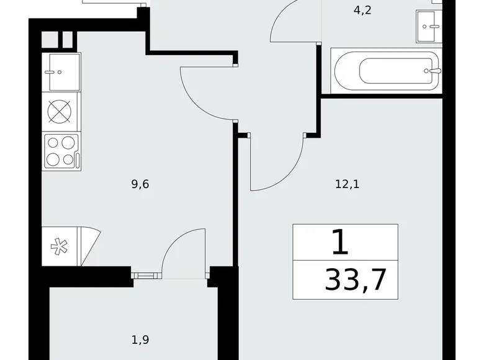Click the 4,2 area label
[x=362, y=11]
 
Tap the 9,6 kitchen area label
[x=140, y=184]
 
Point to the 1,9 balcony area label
[x=140, y=340]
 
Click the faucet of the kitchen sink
[x=49, y=71]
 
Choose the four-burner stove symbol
[x=61, y=150]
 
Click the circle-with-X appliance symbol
[x=61, y=112]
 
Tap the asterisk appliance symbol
[x=60, y=246]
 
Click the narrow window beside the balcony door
[x=146, y=272]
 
